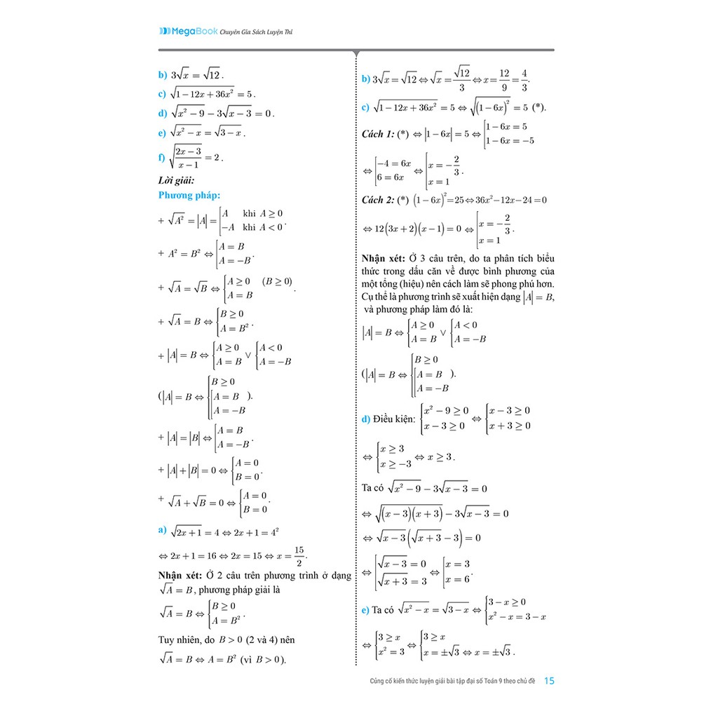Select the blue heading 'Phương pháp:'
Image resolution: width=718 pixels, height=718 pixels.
click(189, 195)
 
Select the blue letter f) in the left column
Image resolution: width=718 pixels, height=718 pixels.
click(163, 157)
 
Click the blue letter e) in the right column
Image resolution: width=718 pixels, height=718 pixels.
click(365, 610)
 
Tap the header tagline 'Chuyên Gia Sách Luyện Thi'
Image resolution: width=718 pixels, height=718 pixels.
click(255, 32)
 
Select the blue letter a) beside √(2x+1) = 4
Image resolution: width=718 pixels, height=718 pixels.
click(163, 529)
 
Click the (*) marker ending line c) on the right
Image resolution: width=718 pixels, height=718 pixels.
click(538, 107)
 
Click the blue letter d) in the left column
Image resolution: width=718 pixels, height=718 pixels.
click(163, 113)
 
